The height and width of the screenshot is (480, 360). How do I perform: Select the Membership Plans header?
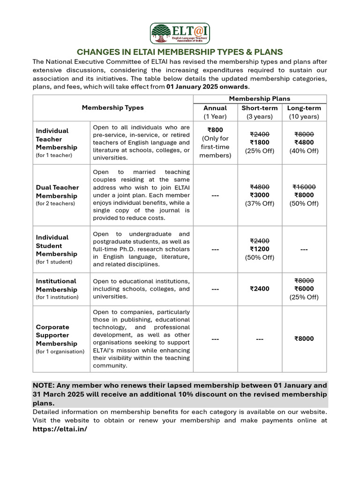[260, 98]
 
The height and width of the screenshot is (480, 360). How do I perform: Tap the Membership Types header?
[112, 107]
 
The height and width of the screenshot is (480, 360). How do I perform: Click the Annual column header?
[215, 108]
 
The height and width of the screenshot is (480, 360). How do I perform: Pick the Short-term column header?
[260, 108]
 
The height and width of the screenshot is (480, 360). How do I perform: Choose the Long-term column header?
[304, 108]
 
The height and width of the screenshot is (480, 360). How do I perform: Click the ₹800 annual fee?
[215, 130]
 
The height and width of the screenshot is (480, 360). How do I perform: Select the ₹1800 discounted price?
[260, 142]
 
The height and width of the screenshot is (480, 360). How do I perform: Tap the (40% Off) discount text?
[304, 151]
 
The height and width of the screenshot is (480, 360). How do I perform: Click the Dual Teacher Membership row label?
[57, 191]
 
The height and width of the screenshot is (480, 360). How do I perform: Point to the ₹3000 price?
[260, 195]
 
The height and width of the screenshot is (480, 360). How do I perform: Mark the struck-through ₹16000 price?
[304, 187]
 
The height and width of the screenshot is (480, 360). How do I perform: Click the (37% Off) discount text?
[260, 203]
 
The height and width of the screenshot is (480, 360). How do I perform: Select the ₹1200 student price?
[260, 249]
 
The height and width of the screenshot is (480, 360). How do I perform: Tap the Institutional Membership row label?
[56, 285]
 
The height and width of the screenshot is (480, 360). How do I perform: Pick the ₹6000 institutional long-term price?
[304, 289]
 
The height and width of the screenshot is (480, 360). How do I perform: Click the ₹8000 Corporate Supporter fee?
[304, 339]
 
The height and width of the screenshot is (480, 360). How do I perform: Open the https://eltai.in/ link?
[60, 429]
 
